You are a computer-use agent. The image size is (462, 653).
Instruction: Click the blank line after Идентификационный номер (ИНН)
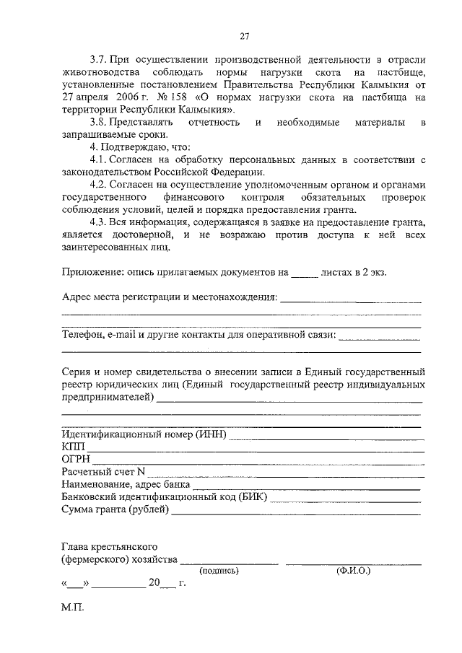(x=326, y=437)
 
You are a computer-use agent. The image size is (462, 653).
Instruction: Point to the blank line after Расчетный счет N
(x=284, y=474)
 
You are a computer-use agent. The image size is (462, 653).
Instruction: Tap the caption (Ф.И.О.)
(x=353, y=570)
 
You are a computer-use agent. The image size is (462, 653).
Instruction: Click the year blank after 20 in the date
(x=167, y=586)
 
